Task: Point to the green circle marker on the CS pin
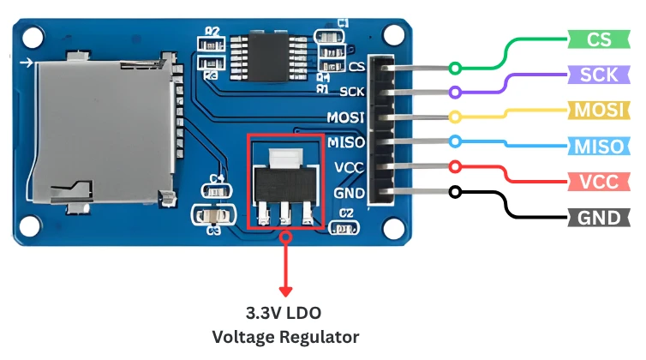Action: tap(455, 68)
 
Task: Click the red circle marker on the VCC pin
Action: tap(455, 166)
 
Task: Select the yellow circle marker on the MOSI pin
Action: tap(455, 117)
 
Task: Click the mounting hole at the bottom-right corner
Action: tap(393, 227)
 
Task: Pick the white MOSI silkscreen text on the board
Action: tap(346, 117)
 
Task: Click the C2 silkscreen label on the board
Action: tap(346, 213)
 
